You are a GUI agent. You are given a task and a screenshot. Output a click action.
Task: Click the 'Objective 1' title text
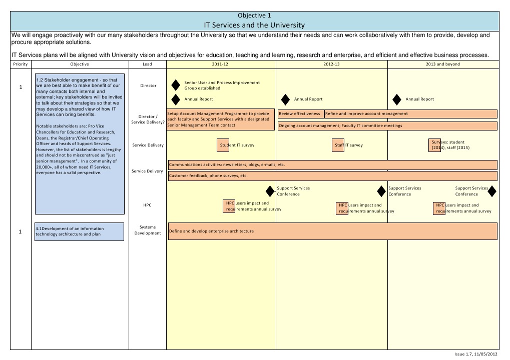(255, 15)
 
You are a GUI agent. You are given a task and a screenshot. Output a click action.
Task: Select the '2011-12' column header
(220, 64)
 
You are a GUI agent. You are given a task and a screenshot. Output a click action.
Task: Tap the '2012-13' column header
(331, 64)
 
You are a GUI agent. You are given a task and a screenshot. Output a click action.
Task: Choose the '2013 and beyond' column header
(443, 64)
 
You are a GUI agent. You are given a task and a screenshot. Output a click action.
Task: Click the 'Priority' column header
(21, 64)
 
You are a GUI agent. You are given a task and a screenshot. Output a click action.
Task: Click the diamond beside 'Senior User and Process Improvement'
(176, 85)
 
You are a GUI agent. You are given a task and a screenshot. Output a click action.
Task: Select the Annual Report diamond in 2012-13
(285, 99)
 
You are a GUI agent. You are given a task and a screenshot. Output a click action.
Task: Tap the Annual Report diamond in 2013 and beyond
(397, 99)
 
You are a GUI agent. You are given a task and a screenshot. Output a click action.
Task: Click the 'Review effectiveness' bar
(300, 114)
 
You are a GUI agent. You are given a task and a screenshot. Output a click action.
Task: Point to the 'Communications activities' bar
(333, 164)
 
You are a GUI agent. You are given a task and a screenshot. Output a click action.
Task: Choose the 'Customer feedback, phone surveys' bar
(333, 176)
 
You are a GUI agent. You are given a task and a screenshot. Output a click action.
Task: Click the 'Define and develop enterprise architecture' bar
(333, 231)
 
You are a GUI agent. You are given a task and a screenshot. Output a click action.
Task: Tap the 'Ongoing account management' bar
(387, 126)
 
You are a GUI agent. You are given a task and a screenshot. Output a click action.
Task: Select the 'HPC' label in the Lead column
(147, 205)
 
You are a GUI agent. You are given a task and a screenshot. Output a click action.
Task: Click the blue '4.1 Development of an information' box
(79, 231)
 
